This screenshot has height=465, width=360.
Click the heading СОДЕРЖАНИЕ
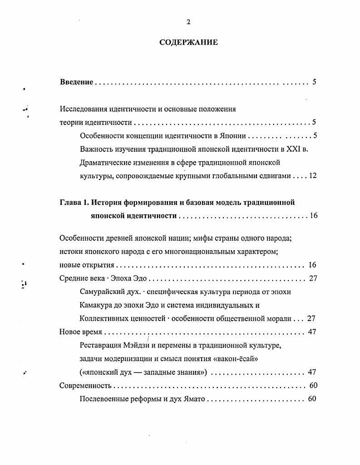coord(188,43)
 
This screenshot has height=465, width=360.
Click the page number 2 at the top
coord(188,22)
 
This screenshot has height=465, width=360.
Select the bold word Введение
coord(77,82)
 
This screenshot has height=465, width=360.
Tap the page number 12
coord(312,176)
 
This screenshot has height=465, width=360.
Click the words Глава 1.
coord(74,203)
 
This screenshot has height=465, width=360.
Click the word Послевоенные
coord(104,399)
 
